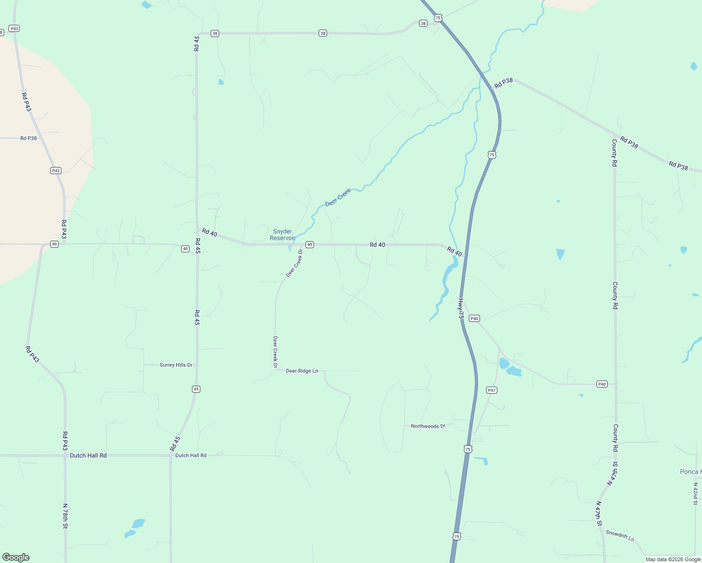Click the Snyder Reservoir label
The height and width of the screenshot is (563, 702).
coord(282,235)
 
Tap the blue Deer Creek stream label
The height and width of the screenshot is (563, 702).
coord(338,198)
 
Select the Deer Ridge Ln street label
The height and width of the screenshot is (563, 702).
coord(302,371)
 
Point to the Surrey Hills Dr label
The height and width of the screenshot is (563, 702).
coord(176,365)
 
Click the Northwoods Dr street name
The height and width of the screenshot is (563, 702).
coord(427,426)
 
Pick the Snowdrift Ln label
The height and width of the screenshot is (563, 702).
coord(619,535)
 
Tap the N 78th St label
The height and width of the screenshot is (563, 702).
coord(65,516)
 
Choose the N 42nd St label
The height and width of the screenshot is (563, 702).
coord(695,494)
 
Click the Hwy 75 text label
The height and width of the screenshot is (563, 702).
coord(461,309)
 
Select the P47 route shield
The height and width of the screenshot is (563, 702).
coord(491,390)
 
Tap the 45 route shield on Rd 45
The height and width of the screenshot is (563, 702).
coord(196,389)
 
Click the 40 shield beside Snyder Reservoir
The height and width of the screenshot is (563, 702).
coord(309,244)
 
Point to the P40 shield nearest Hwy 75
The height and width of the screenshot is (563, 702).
coord(474,319)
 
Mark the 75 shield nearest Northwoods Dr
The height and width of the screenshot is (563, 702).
coord(468,449)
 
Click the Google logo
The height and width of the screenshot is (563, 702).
coord(16,557)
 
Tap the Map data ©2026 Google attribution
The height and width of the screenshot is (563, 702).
coord(673,559)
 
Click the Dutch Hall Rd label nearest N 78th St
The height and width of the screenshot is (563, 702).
coord(88,456)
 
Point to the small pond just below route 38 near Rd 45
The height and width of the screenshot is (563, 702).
coord(221,82)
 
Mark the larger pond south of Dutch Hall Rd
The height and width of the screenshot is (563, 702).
coord(138,523)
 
